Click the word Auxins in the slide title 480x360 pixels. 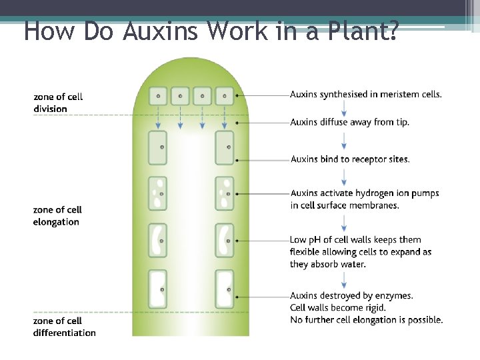(161, 31)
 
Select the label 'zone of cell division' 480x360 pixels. (58, 103)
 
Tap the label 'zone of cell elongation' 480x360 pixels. (57, 216)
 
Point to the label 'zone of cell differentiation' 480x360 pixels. (64, 327)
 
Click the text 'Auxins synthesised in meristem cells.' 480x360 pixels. (366, 94)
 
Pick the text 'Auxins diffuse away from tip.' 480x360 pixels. (350, 122)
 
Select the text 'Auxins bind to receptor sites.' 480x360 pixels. (350, 159)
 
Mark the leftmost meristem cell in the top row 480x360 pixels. (158, 95)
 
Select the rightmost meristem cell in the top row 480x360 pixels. (225, 95)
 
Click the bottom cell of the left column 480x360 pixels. (158, 289)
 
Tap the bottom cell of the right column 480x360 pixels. (225, 289)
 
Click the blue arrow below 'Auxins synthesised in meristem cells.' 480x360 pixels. (343, 108)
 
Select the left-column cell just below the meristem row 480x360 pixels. (158, 148)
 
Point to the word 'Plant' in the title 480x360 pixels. (360, 31)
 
